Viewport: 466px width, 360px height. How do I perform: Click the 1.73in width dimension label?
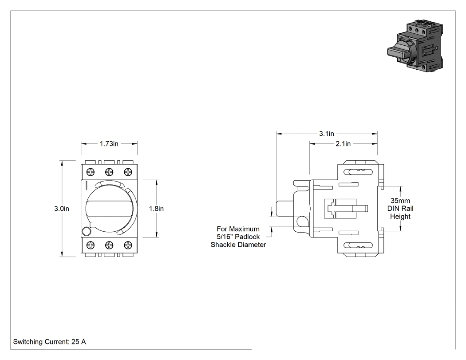[x=109, y=144]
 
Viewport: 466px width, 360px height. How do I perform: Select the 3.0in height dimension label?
[x=62, y=209]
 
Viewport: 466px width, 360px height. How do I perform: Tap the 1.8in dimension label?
[x=156, y=209]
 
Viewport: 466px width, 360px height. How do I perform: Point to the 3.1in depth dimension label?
[x=327, y=134]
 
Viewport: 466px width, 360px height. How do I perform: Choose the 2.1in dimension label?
[x=343, y=144]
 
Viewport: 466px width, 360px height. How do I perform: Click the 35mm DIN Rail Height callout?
[x=400, y=209]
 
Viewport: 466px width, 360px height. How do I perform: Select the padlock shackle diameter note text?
[x=238, y=237]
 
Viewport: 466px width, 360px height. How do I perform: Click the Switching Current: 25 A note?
[x=49, y=342]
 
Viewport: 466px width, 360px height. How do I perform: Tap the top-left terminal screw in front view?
[x=91, y=172]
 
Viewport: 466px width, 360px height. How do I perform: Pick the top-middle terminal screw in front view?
[x=109, y=172]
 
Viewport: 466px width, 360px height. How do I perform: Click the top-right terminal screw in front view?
[x=128, y=172]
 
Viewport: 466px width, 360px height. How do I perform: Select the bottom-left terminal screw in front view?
[x=91, y=245]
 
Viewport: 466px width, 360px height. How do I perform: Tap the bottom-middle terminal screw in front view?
[x=109, y=245]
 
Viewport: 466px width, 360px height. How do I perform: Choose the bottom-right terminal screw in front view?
[x=128, y=245]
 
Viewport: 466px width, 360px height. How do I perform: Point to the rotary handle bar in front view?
[x=110, y=208]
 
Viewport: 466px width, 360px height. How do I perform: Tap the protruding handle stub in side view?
[x=285, y=209]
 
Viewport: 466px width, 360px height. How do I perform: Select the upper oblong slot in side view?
[x=358, y=172]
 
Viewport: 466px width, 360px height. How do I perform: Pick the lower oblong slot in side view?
[x=358, y=245]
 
